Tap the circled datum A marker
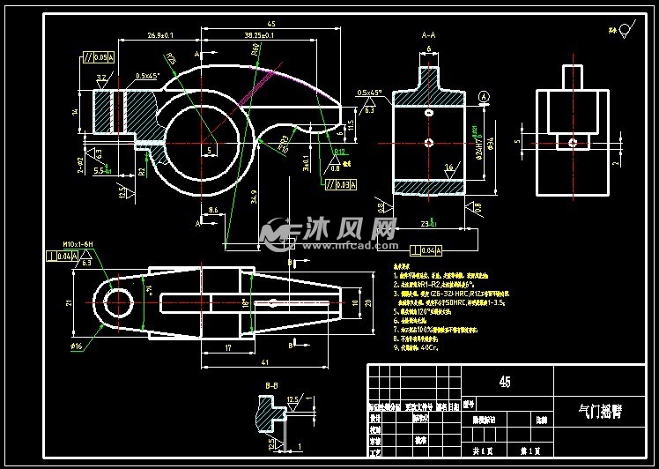coord(484,95)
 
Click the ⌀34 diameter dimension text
coord(490,143)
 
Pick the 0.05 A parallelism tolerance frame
coord(96,57)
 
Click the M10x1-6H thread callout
coord(77,245)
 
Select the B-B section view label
coord(272,385)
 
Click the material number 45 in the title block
coord(504,382)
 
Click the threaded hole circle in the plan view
coord(118,301)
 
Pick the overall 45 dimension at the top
coord(270,24)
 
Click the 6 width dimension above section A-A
coord(428,49)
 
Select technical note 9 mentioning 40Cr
coord(421,348)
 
